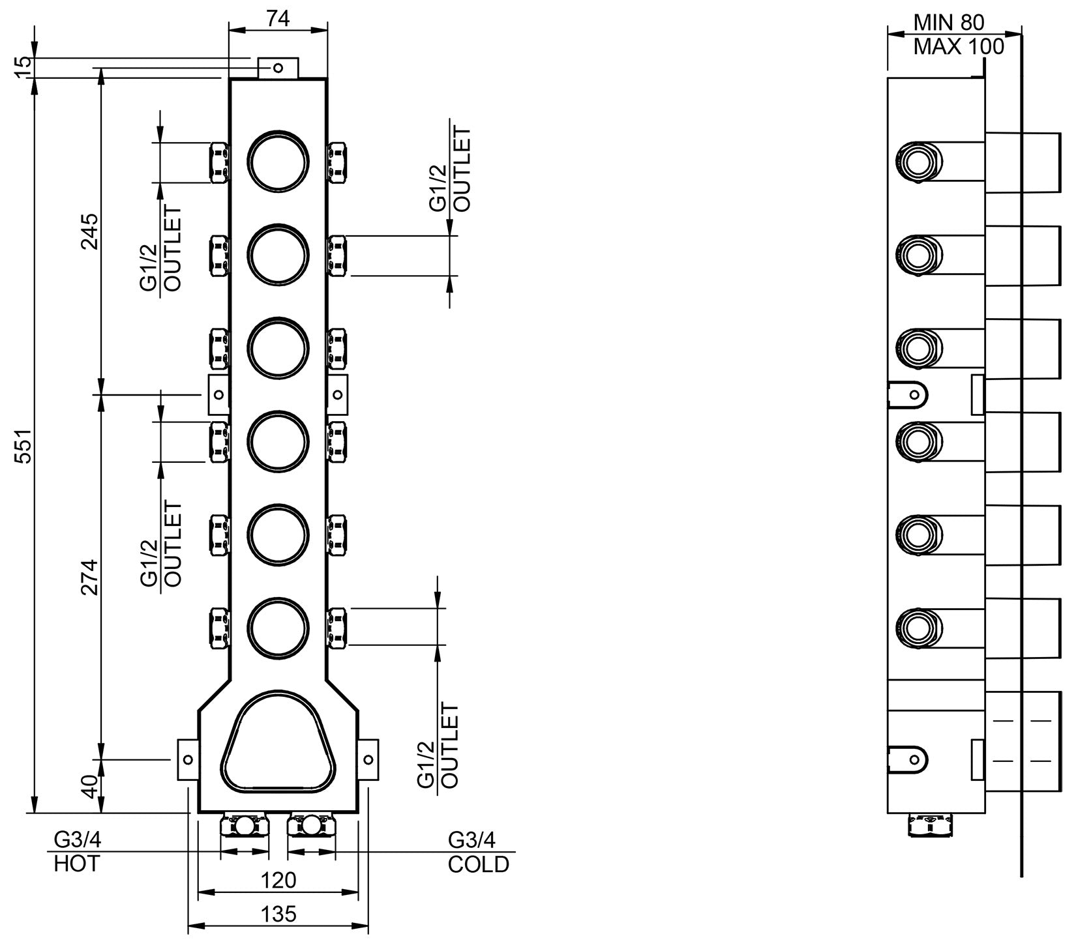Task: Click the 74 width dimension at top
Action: point(278,20)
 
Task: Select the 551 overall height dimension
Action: point(23,446)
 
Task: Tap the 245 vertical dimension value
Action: point(89,231)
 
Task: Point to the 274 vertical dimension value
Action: point(89,577)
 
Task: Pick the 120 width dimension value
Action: point(278,880)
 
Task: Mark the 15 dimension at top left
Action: point(23,66)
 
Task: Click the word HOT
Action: point(77,864)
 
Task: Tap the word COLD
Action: point(478,864)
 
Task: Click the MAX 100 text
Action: point(958,47)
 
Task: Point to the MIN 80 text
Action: point(948,23)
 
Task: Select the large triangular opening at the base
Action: point(278,743)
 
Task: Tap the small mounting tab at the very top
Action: point(278,68)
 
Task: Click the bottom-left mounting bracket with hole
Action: point(188,759)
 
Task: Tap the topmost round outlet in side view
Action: point(918,160)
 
